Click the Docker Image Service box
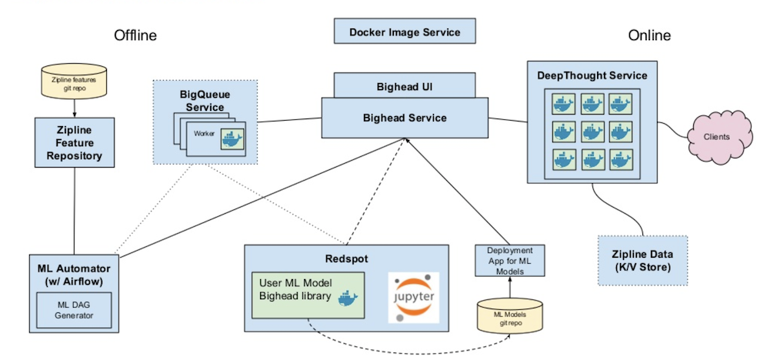click(x=405, y=32)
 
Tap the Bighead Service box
click(x=405, y=118)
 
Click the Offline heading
click(x=135, y=35)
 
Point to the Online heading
click(x=649, y=35)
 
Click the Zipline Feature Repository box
click(x=74, y=143)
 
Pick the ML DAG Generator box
click(x=74, y=308)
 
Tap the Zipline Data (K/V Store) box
click(x=641, y=261)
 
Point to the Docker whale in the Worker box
click(x=230, y=138)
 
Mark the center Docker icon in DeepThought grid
click(x=592, y=131)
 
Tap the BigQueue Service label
click(x=205, y=101)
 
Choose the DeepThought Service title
click(x=592, y=75)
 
